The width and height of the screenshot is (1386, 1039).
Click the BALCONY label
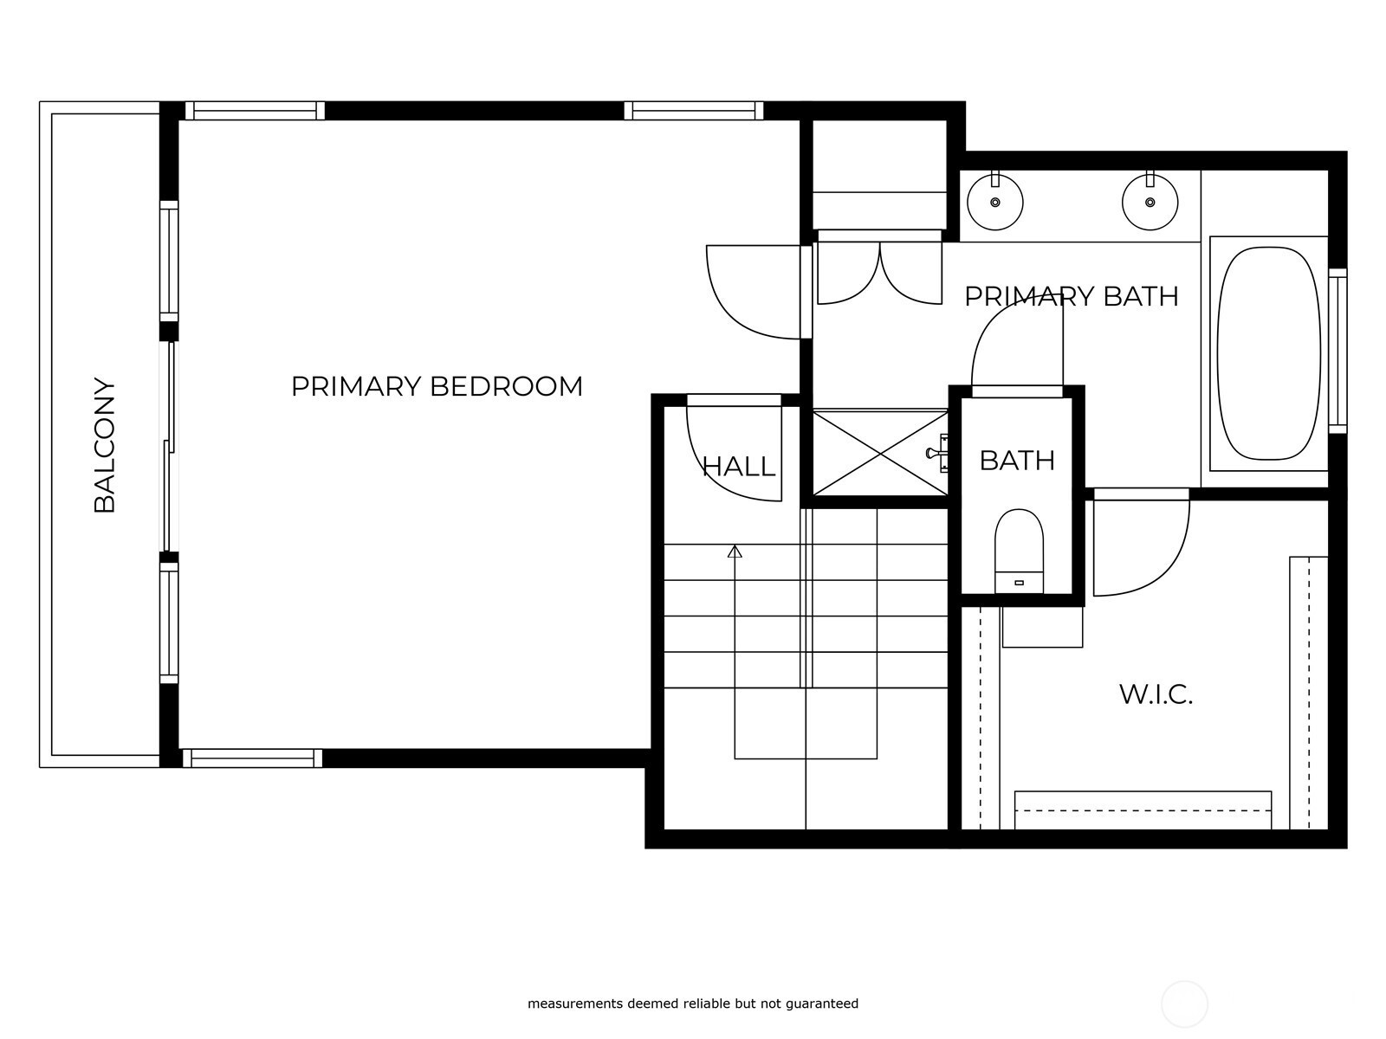click(104, 445)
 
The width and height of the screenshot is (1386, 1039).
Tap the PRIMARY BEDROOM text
click(437, 386)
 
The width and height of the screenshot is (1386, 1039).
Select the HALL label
click(738, 467)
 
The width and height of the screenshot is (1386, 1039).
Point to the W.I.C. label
click(1156, 694)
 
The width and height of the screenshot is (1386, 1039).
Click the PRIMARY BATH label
click(1071, 296)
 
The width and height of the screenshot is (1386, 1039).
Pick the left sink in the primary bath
click(995, 202)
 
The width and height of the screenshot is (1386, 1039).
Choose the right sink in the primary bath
click(1150, 202)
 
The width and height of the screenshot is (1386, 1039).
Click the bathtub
click(1268, 353)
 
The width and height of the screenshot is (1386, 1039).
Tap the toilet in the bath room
click(1019, 551)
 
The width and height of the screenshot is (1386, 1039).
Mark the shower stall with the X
click(880, 453)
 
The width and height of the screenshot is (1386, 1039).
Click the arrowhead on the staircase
click(735, 552)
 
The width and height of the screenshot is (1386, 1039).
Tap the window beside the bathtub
click(1337, 351)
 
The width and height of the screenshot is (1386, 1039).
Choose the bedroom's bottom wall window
click(252, 758)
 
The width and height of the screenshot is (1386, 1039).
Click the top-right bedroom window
click(694, 111)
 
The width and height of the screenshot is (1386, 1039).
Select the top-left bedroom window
click(255, 111)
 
